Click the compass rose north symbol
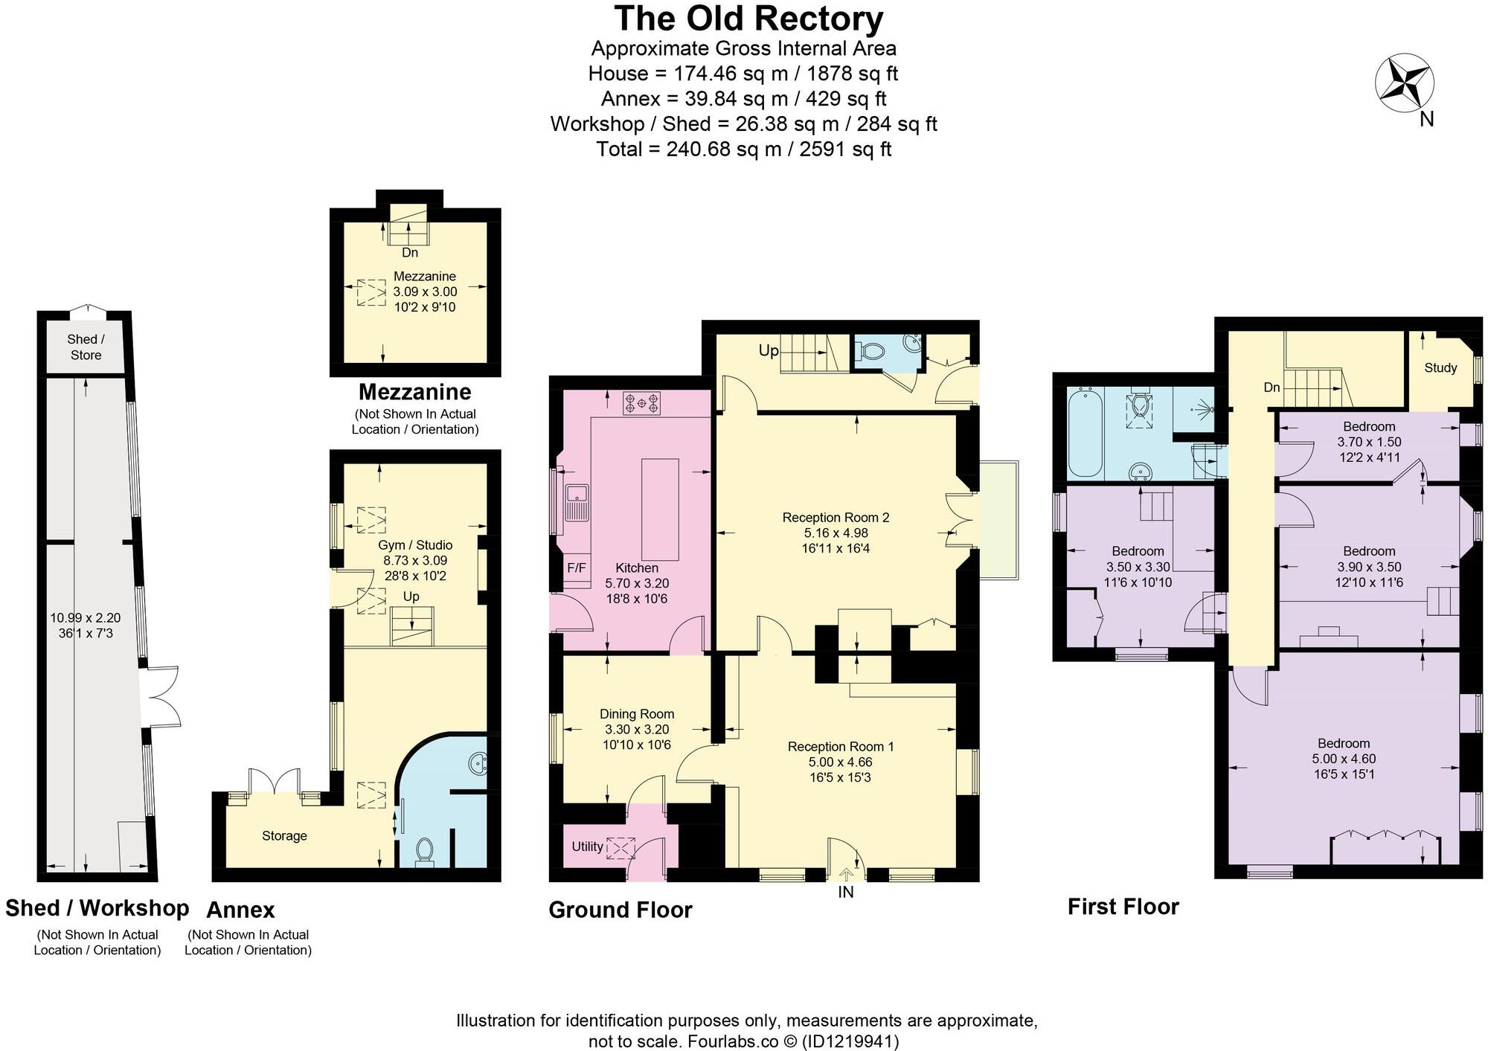click(1404, 84)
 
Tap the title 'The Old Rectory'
click(748, 19)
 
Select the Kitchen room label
click(636, 568)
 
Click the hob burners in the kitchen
click(641, 403)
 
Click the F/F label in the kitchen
click(577, 568)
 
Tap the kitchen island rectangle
click(660, 510)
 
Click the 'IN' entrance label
click(846, 892)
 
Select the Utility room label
click(587, 846)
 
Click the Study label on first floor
click(1440, 367)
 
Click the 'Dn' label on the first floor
click(1271, 388)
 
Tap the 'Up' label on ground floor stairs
click(769, 350)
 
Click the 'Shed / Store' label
click(86, 347)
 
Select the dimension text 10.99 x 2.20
click(85, 617)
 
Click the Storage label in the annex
click(284, 836)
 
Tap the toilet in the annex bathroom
click(425, 851)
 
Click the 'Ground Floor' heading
click(620, 910)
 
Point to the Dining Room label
click(637, 714)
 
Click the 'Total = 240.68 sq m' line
click(743, 149)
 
